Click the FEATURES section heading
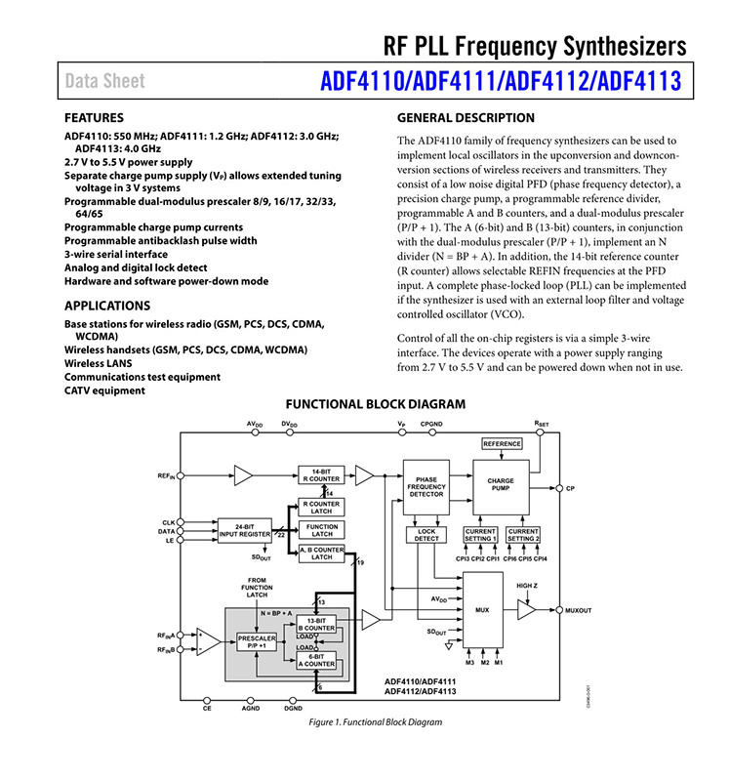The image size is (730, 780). click(94, 117)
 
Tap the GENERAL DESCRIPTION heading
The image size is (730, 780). click(466, 118)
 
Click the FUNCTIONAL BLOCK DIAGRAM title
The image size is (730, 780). click(375, 404)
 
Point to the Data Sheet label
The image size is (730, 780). click(105, 81)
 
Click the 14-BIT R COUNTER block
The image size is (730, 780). click(319, 474)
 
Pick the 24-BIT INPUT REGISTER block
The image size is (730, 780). click(244, 530)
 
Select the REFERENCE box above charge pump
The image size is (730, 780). click(502, 444)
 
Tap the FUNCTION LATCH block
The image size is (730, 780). click(322, 530)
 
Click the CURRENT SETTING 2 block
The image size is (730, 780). click(523, 535)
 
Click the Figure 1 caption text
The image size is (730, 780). click(376, 722)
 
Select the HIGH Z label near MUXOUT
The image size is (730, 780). click(527, 586)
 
